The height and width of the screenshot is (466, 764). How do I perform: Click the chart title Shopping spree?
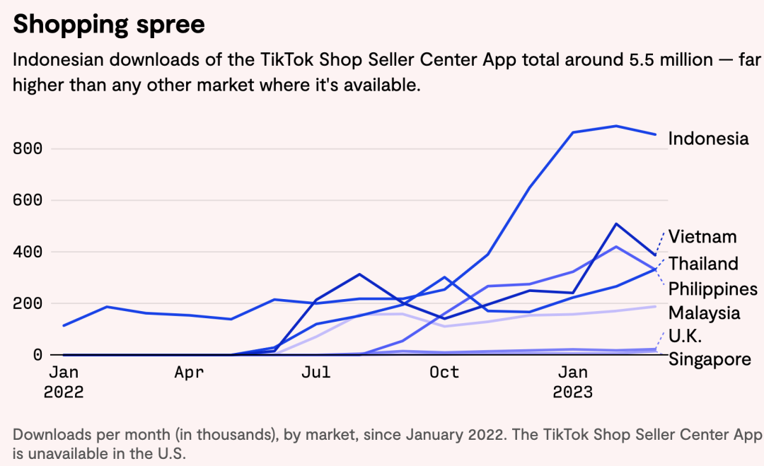point(109,25)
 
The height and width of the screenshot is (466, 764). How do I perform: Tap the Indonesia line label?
point(708,139)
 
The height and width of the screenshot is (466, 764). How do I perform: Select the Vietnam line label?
point(702,237)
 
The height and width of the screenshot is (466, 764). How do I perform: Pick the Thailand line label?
point(703,264)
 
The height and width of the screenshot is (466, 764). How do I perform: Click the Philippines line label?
point(712,289)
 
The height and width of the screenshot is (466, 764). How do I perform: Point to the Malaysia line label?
point(705,313)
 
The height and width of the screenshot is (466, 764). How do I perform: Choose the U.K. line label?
point(685,336)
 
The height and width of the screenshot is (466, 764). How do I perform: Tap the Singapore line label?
point(710,359)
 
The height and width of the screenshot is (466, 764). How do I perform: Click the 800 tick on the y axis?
point(28,148)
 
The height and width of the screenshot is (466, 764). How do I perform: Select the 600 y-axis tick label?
point(28,200)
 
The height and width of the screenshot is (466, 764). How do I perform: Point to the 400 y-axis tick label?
point(28,252)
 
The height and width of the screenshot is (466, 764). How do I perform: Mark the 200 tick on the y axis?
point(28,303)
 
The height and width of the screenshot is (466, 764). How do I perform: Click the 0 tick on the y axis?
point(37,354)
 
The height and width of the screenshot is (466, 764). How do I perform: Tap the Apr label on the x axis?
point(190,372)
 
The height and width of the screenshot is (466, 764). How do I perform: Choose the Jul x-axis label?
point(316,372)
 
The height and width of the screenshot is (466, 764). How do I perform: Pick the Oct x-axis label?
point(444,372)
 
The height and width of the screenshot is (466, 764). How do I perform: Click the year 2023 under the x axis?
point(572,392)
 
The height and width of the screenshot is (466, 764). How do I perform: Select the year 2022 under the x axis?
point(64,392)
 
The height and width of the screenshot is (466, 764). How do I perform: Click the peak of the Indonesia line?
point(616,126)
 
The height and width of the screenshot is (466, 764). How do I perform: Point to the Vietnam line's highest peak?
point(616,224)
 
